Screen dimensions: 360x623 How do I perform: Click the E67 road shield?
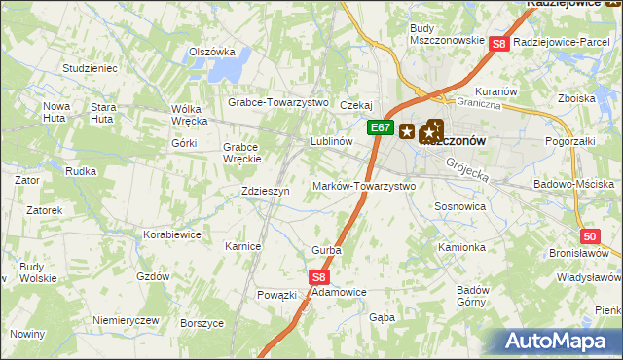click(381, 127)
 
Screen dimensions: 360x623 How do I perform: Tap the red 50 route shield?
click(590, 236)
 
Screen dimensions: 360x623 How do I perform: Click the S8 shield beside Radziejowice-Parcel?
click(498, 43)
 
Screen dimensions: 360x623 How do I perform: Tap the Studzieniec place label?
click(90, 69)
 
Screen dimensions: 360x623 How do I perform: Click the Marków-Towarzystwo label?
click(364, 186)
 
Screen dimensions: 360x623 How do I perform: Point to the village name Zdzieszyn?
click(266, 192)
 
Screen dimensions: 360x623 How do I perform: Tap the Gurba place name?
click(326, 251)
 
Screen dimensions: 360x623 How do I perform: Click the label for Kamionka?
click(461, 247)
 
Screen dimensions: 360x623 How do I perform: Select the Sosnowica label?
click(459, 207)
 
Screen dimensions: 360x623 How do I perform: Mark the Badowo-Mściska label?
click(574, 184)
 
